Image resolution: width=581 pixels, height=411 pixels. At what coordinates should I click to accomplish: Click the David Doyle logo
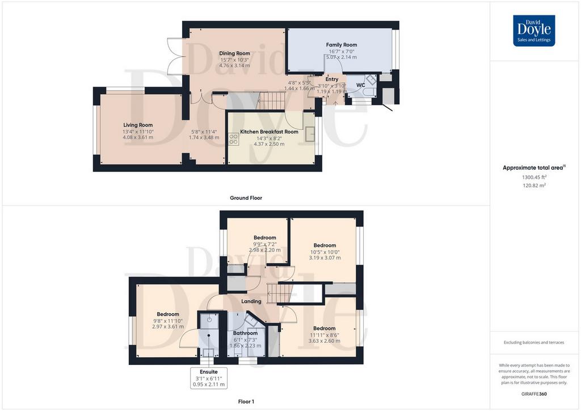click(534, 31)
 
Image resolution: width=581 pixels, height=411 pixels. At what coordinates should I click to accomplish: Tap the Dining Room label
click(234, 53)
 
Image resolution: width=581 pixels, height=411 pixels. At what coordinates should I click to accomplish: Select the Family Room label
click(342, 45)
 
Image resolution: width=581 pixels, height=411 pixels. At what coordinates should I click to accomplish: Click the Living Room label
click(138, 125)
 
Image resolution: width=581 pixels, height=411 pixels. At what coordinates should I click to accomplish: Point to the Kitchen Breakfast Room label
click(269, 132)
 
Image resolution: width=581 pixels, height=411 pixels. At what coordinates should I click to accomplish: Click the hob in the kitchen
click(233, 139)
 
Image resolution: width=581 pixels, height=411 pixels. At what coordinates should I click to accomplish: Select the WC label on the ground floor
click(360, 85)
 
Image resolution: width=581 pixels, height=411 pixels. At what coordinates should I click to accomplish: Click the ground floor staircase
click(272, 101)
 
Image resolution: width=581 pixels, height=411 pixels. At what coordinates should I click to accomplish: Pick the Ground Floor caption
click(246, 198)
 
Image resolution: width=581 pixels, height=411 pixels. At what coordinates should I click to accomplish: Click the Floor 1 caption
click(246, 401)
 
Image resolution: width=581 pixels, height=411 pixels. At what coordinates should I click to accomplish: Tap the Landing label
click(251, 301)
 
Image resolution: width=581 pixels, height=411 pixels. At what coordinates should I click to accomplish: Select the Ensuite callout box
click(209, 378)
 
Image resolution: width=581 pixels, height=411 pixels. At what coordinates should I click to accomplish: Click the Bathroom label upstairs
click(245, 333)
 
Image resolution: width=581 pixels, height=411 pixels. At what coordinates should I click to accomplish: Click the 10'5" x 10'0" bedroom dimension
click(325, 252)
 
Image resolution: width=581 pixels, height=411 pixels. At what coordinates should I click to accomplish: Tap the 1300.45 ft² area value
click(534, 177)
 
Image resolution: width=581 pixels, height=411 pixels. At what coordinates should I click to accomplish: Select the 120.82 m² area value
click(534, 185)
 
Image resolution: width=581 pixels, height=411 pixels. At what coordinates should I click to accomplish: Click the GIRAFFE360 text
click(534, 394)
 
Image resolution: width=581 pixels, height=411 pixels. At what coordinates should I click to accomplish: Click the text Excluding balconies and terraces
click(534, 342)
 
